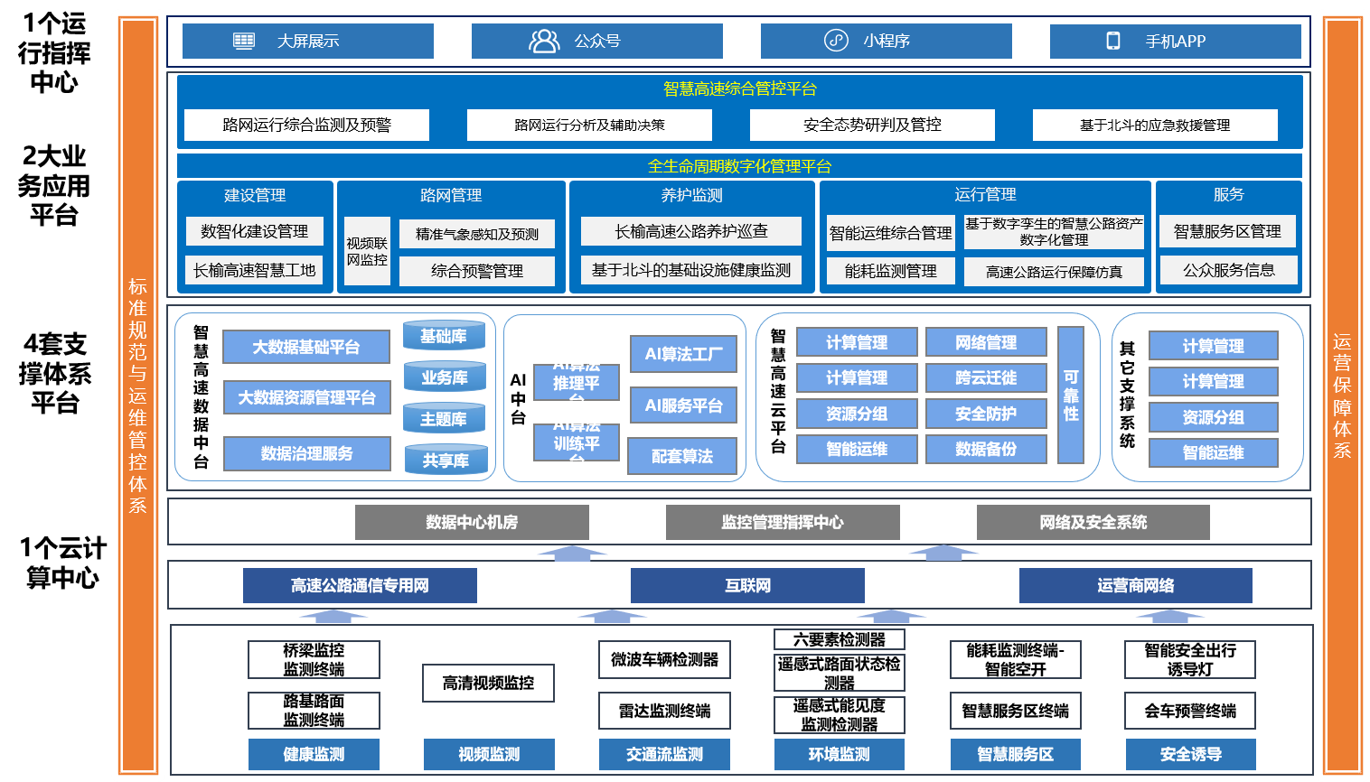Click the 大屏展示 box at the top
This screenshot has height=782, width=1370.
pyautogui.click(x=307, y=42)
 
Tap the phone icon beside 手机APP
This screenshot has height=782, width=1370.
pyautogui.click(x=1113, y=42)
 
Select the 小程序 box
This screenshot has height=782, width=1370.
pyautogui.click(x=886, y=42)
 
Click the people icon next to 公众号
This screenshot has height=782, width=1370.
pyautogui.click(x=544, y=42)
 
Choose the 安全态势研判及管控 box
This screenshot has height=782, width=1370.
pyautogui.click(x=872, y=126)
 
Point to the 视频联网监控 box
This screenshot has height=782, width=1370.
pyautogui.click(x=367, y=252)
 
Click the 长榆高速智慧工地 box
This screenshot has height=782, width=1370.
pyautogui.click(x=255, y=270)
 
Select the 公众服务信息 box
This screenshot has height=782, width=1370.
pyautogui.click(x=1228, y=270)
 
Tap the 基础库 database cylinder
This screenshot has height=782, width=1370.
pyautogui.click(x=444, y=336)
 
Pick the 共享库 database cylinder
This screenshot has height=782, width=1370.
pyautogui.click(x=446, y=461)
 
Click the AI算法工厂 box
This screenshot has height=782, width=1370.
pyautogui.click(x=683, y=354)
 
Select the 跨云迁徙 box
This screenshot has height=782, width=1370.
pyautogui.click(x=986, y=377)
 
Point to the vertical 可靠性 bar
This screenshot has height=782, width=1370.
pyautogui.click(x=1071, y=395)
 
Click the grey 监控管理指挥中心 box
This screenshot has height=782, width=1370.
pyautogui.click(x=783, y=522)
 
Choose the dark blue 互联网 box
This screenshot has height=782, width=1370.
pyautogui.click(x=747, y=585)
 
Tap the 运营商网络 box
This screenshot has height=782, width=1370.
pyautogui.click(x=1135, y=585)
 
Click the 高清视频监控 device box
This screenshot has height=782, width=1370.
pyautogui.click(x=488, y=683)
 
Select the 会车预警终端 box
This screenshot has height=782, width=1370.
pyautogui.click(x=1190, y=711)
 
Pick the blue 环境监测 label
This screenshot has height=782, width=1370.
pyautogui.click(x=839, y=754)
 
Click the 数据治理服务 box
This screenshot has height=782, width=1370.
pyautogui.click(x=306, y=453)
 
